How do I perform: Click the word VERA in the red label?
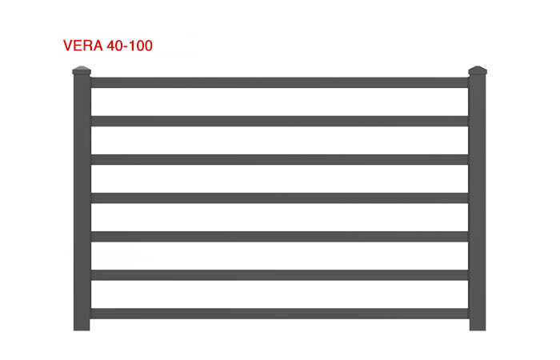pyautogui.click(x=83, y=46)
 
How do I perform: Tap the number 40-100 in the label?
pyautogui.click(x=130, y=46)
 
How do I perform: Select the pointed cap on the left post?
pyautogui.click(x=82, y=71)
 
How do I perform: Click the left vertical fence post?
pyautogui.click(x=82, y=200)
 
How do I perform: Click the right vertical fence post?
pyautogui.click(x=478, y=200)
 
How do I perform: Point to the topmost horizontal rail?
pyautogui.click(x=279, y=82)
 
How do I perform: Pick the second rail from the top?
pyautogui.click(x=279, y=121)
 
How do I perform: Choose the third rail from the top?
pyautogui.click(x=279, y=159)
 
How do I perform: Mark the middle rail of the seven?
pyautogui.click(x=279, y=198)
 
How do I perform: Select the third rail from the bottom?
pyautogui.click(x=279, y=236)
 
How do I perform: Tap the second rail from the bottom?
pyautogui.click(x=279, y=274)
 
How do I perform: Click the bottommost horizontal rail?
pyautogui.click(x=279, y=313)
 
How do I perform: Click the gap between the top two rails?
pyautogui.click(x=279, y=102)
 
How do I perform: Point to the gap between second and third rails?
pyautogui.click(x=279, y=140)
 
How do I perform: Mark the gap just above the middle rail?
pyautogui.click(x=279, y=178)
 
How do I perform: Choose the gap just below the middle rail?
pyautogui.click(x=279, y=217)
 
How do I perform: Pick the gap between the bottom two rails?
pyautogui.click(x=279, y=294)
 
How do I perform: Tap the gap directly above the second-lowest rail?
pyautogui.click(x=279, y=255)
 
